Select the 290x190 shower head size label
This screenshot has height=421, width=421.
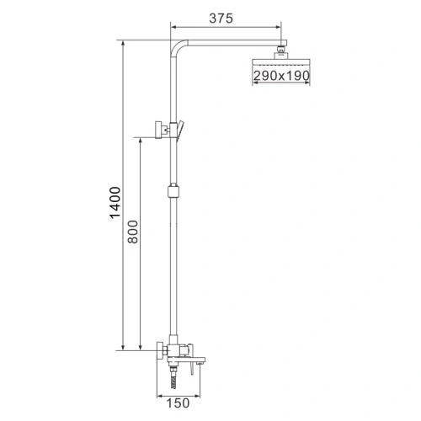(x=281, y=76)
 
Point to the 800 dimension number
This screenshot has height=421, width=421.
(x=132, y=241)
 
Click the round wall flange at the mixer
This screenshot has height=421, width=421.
(x=158, y=350)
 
